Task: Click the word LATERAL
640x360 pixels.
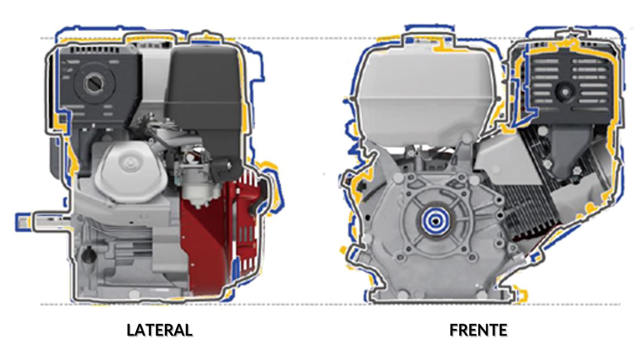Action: [x=160, y=330]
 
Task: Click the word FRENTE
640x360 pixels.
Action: [x=479, y=330]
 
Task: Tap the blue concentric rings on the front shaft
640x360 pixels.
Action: [x=435, y=221]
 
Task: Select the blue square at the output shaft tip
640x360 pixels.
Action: [x=23, y=222]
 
